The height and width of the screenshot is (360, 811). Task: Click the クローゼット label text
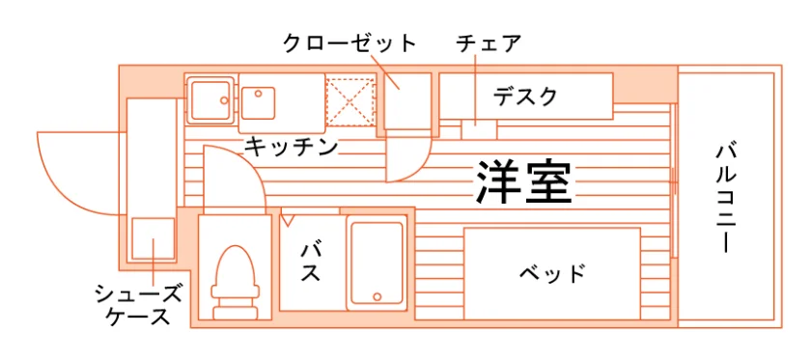point(350,44)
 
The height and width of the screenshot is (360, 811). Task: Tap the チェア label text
point(488,44)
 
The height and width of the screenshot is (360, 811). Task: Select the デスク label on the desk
point(525,97)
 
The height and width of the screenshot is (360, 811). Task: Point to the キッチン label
point(292,147)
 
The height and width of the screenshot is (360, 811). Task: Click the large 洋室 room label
point(523,182)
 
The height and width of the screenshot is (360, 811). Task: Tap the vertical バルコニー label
point(727,199)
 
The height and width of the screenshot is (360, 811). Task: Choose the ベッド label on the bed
point(552,272)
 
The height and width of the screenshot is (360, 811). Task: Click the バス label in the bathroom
point(311,262)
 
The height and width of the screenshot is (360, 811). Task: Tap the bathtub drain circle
point(378,297)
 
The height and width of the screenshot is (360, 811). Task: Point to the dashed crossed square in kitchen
point(350,101)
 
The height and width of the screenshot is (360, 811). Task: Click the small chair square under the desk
point(479,129)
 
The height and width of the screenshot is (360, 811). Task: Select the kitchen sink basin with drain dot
point(210,99)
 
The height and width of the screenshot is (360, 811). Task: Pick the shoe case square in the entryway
point(153,238)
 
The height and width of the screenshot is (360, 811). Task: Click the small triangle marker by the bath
point(287,219)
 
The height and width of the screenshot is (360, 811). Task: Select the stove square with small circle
point(258,102)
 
